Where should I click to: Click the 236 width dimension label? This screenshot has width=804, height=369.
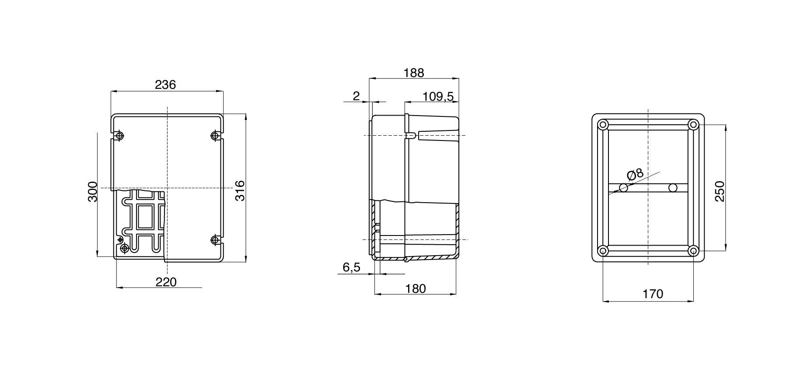click(165, 84)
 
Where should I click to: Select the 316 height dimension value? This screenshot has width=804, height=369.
click(240, 190)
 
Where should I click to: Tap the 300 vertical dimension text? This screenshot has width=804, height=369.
click(92, 191)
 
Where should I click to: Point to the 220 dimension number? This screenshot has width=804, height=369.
click(166, 282)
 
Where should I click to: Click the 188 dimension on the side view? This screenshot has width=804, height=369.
click(414, 73)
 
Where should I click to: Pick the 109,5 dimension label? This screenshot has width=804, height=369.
click(438, 96)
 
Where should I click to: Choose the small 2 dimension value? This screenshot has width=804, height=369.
click(356, 96)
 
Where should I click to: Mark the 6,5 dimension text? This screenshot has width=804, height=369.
click(351, 267)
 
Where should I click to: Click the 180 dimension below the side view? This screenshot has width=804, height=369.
click(415, 288)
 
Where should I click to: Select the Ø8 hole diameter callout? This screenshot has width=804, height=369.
click(635, 174)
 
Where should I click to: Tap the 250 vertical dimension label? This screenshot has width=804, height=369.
click(720, 191)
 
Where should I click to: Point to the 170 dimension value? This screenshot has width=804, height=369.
click(653, 294)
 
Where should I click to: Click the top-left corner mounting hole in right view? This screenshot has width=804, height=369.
click(603, 125)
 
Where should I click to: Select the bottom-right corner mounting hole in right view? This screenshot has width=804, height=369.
click(693, 251)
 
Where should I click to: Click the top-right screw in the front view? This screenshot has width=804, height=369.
click(215, 135)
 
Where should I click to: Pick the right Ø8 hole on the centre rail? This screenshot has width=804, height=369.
click(673, 188)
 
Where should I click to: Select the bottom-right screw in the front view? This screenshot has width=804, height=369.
click(215, 240)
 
